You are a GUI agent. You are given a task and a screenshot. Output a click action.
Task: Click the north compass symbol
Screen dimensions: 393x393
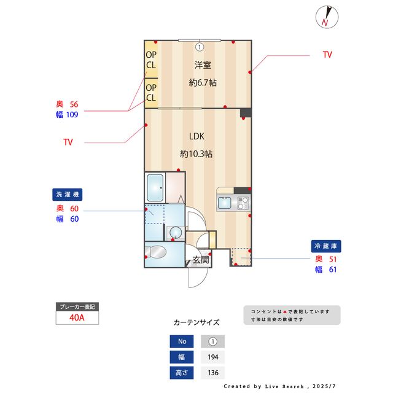327,17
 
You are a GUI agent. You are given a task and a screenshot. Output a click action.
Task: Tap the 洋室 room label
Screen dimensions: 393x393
203,65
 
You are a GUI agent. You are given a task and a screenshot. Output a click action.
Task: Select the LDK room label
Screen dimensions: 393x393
196,136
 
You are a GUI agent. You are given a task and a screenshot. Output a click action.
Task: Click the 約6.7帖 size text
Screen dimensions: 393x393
203,82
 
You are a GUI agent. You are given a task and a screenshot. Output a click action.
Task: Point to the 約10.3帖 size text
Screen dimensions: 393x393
196,154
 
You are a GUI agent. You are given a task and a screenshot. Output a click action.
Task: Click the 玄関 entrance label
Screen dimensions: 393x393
201,259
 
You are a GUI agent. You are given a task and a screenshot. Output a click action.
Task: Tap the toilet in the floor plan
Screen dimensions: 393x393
156,252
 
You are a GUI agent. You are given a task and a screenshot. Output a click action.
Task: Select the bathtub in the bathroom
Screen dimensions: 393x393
155,188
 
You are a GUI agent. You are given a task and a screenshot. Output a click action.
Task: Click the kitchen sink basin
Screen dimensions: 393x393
225,203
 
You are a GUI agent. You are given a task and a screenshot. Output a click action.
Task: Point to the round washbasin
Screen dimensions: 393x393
176,233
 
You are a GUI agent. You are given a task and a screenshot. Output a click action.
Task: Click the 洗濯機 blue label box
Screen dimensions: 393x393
67,195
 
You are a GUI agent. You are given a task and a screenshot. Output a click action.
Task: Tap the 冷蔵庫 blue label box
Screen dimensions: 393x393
326,246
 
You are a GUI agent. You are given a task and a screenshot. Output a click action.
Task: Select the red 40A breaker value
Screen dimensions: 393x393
77,317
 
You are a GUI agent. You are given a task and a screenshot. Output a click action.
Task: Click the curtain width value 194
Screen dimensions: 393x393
213,357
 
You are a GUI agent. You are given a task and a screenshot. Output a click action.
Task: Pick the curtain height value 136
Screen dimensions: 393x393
213,373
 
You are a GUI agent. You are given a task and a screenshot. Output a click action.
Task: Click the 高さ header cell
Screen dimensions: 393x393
182,373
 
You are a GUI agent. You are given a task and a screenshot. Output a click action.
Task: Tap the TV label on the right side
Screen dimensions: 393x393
327,55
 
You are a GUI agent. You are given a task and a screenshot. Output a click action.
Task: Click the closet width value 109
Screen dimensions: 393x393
72,115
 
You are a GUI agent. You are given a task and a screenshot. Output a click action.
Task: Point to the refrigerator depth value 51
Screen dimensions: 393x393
333,259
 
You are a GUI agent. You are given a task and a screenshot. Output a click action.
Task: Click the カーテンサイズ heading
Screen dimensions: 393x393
196,322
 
